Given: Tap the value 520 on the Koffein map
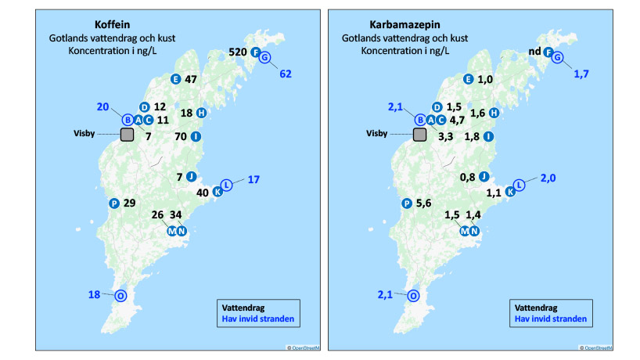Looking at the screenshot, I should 238,52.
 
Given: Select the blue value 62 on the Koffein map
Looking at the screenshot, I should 286,74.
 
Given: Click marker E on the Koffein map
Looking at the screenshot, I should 175,79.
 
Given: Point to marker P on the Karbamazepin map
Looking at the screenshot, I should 406,203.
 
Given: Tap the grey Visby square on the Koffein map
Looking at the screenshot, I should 127,135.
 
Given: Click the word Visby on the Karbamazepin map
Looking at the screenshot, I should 379,134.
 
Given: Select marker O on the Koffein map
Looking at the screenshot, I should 120,296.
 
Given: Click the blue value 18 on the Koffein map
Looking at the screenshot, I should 94,295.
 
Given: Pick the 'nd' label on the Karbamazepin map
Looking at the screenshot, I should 535,53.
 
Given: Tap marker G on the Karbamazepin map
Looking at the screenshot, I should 557,59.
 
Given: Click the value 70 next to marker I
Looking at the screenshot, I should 182,137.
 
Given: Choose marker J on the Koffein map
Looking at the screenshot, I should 191,176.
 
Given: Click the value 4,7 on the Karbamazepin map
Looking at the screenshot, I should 458,121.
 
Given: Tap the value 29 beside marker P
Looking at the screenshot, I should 131,203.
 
